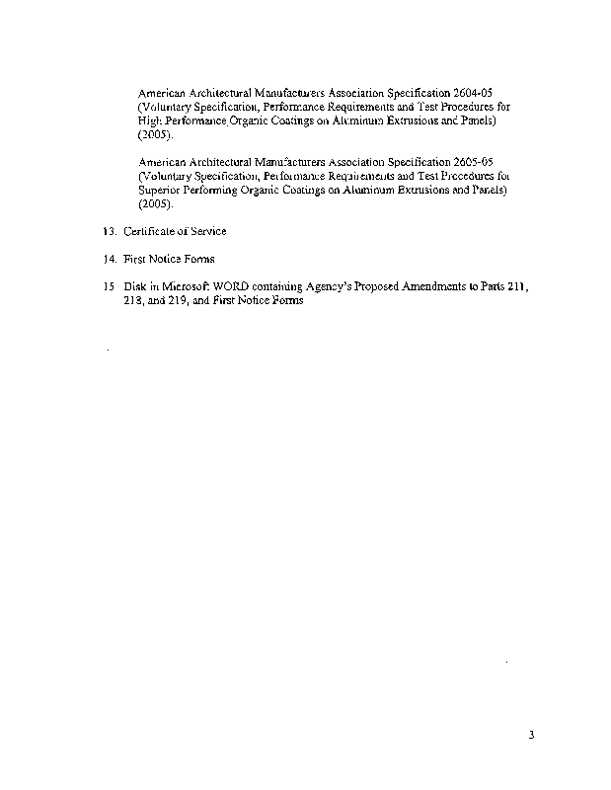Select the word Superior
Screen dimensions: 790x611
point(160,190)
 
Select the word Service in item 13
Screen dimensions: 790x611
point(208,231)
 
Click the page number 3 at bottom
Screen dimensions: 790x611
point(531,735)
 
